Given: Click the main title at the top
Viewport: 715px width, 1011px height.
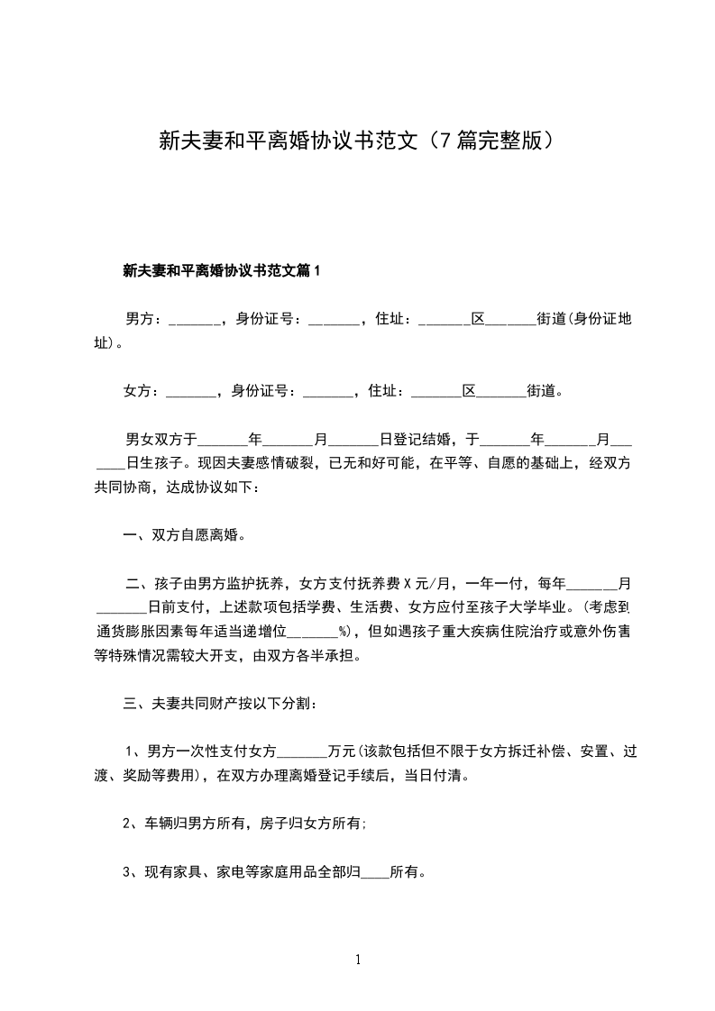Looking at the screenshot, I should click(356, 141).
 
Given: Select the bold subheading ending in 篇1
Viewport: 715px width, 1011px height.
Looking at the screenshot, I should click(221, 269).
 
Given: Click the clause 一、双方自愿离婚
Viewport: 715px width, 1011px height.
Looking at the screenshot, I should click(184, 535).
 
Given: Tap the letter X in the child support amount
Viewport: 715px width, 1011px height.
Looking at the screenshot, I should click(407, 584).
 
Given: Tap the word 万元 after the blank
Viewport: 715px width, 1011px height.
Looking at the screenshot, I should click(343, 751).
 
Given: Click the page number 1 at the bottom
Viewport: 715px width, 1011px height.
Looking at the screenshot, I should click(358, 961).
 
